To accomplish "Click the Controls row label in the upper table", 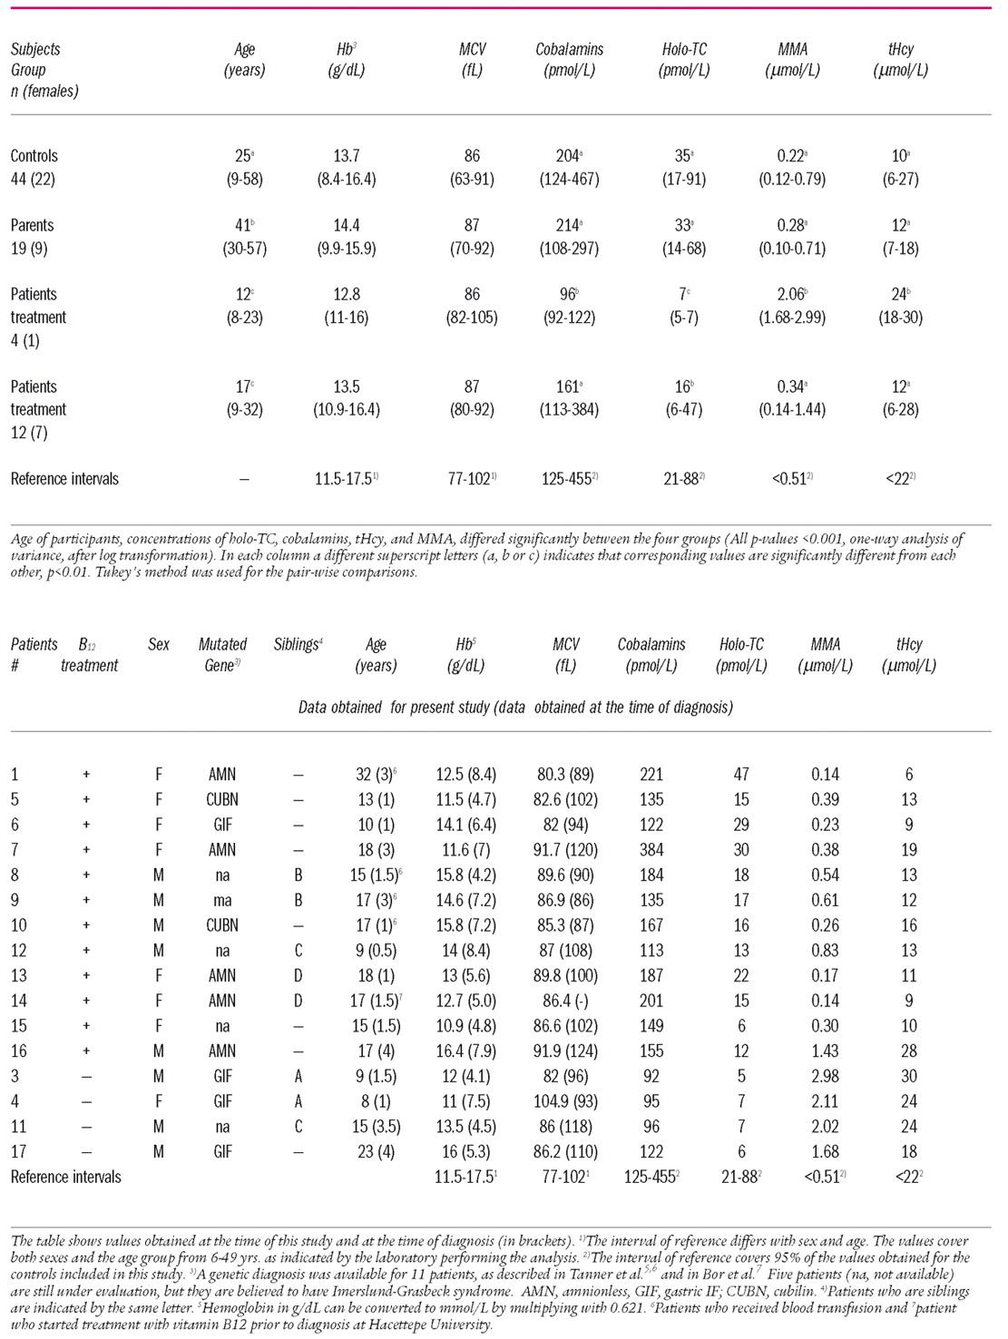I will click(x=34, y=156).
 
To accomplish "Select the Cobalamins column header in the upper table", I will click(x=569, y=50).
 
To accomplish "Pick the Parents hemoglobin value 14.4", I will click(x=344, y=225).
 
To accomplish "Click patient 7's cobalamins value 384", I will click(x=651, y=850).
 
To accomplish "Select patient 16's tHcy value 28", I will click(x=909, y=1051).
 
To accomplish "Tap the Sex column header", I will click(x=159, y=644).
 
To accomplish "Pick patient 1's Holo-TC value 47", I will click(x=741, y=775).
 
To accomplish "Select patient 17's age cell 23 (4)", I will click(x=376, y=1152).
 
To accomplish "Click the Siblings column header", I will click(x=298, y=644).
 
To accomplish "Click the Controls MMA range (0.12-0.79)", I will click(x=792, y=179).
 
